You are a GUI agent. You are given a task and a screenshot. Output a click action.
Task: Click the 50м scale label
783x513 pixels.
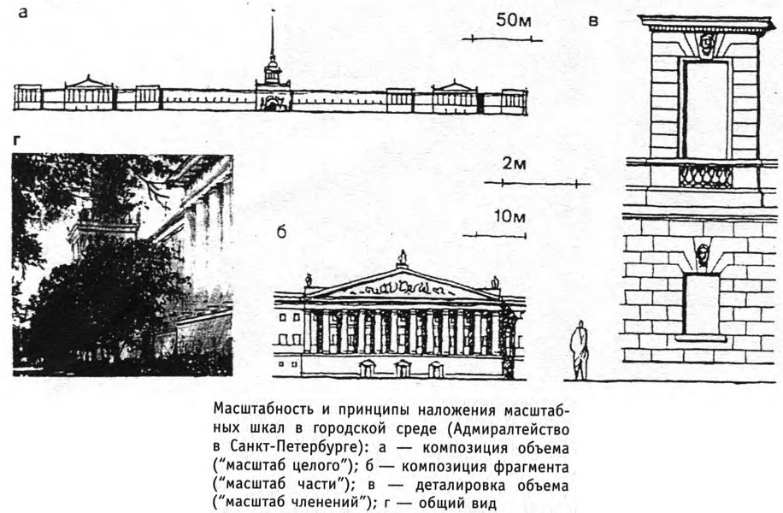pos(514,21)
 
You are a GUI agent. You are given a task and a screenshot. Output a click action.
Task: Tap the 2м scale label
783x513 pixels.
pos(514,164)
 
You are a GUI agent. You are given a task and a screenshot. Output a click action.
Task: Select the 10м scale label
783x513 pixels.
pos(509,217)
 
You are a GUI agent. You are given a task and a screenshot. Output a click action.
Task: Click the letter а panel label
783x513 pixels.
pos(22,13)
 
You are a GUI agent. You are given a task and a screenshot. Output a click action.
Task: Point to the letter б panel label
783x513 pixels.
pos(281,232)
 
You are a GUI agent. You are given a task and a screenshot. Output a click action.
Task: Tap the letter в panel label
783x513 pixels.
pos(593,21)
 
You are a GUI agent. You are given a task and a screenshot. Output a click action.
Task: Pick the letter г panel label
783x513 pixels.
pos(17,141)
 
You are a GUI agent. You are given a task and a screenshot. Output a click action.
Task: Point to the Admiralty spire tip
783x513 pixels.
pos(273,13)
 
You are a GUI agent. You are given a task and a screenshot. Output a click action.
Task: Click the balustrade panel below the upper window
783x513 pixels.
pos(705,176)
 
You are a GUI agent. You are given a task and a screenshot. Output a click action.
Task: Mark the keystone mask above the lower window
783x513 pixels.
pos(703,254)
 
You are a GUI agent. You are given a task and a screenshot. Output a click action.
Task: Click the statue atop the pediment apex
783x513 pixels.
pos(403,257)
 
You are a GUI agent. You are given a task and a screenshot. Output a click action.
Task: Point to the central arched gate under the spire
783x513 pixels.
pos(271,103)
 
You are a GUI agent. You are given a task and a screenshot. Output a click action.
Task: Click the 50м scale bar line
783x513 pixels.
pos(502,38)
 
